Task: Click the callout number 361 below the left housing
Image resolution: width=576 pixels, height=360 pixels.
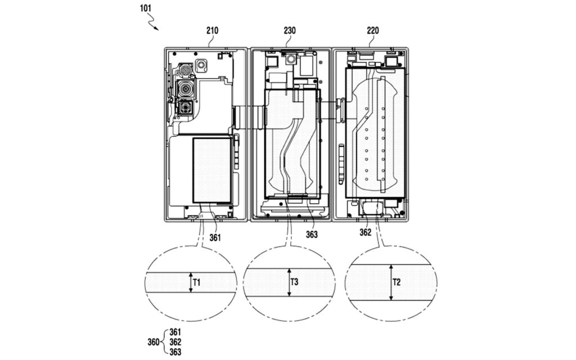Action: click(215, 237)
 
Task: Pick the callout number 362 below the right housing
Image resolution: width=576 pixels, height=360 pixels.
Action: click(366, 232)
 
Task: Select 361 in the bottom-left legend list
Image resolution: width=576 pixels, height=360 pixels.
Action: click(176, 332)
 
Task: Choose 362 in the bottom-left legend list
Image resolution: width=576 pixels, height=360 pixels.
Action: click(176, 342)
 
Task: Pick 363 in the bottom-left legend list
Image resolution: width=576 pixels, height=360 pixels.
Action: click(176, 352)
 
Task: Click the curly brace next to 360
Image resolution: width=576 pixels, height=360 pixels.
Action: click(164, 342)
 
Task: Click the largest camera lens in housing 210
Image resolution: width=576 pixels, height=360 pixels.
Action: click(186, 89)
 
